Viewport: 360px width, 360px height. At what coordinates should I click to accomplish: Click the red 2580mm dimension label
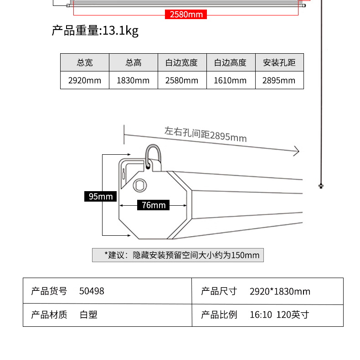pos(186,14)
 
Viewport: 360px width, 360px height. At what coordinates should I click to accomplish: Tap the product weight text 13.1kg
pos(120,31)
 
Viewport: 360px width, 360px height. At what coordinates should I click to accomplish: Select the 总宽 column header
pos(85,62)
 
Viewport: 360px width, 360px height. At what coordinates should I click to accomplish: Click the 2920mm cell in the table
pos(85,81)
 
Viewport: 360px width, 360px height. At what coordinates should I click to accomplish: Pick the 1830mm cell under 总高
pos(134,81)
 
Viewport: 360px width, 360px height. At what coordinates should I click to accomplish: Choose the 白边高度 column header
pos(231,62)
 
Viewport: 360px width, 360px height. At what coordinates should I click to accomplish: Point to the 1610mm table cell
pos(231,81)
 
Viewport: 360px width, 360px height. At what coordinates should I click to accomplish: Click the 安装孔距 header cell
pos(279,62)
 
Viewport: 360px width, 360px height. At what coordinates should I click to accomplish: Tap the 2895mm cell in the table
pos(279,81)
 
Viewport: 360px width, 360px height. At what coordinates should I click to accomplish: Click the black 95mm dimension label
pos(100,196)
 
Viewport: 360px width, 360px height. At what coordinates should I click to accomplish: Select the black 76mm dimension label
pos(153,205)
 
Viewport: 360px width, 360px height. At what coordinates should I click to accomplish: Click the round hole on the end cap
pos(140,185)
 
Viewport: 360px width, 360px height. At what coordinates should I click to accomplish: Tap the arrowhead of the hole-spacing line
pos(297,151)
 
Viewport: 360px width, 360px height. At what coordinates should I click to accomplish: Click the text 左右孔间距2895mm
pos(206,134)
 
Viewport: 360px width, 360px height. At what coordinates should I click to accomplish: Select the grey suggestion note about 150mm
pos(178,255)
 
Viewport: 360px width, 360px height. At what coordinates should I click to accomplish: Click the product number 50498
pos(92,291)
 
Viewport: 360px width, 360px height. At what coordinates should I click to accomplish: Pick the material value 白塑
pos(88,314)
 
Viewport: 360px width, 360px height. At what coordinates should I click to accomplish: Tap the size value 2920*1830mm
pos(280,291)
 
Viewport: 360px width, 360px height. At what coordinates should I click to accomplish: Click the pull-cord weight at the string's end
pos(321,186)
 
